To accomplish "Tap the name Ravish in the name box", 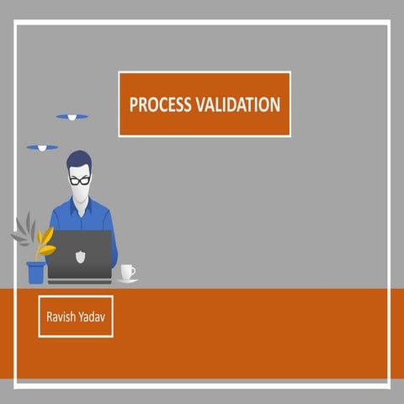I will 61,316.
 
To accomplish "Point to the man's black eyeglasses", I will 80,179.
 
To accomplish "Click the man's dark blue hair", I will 79,160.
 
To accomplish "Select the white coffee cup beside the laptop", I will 126,272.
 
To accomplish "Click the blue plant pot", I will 35,272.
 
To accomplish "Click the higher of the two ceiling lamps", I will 72,116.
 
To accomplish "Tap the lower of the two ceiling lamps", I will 42,148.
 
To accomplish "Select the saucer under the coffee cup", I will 127,280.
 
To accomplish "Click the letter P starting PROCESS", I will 133,105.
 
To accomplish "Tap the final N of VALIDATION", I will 275,105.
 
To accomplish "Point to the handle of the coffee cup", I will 133,271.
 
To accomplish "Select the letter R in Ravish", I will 50,316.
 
